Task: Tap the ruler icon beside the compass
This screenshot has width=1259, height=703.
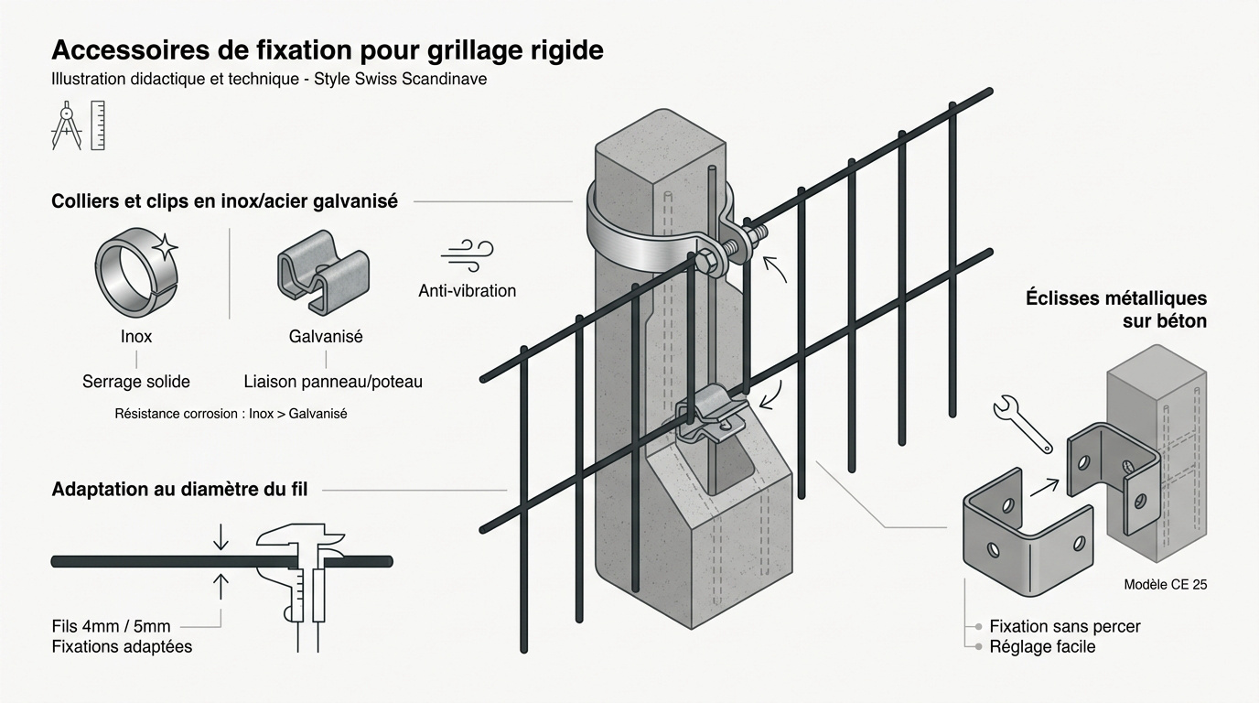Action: pyautogui.click(x=98, y=125)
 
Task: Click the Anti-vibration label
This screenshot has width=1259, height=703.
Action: pyautogui.click(x=467, y=291)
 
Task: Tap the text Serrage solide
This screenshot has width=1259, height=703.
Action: pyautogui.click(x=136, y=382)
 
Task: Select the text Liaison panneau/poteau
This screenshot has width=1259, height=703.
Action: pyautogui.click(x=333, y=382)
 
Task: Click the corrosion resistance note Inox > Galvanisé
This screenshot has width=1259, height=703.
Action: pyautogui.click(x=231, y=414)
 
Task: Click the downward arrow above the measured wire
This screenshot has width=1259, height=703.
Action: pyautogui.click(x=221, y=537)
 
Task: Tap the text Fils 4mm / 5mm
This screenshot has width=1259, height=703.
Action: pyautogui.click(x=112, y=627)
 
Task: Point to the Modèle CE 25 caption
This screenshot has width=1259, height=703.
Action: pyautogui.click(x=1164, y=584)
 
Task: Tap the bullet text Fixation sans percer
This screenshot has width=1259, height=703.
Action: pyautogui.click(x=1064, y=626)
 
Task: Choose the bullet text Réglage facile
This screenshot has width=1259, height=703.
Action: pyautogui.click(x=1041, y=647)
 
